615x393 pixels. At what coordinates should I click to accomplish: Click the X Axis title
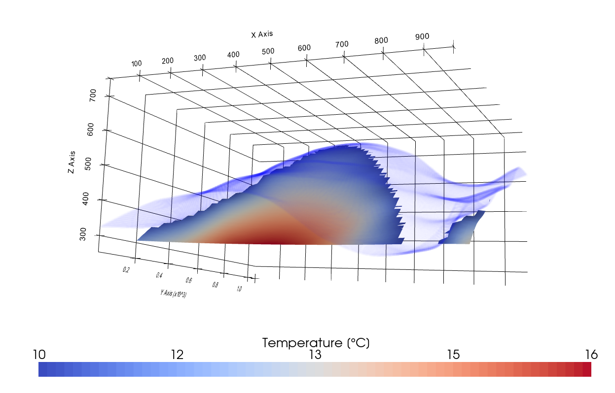pyautogui.click(x=262, y=34)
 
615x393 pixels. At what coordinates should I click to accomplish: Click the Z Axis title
pyautogui.click(x=72, y=162)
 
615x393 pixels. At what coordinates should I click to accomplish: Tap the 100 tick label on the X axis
pyautogui.click(x=136, y=64)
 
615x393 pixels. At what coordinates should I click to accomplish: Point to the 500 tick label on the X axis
pyautogui.click(x=268, y=51)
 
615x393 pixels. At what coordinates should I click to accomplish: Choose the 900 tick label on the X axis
pyautogui.click(x=422, y=36)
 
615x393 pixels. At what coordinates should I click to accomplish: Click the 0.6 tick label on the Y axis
pyautogui.click(x=189, y=280)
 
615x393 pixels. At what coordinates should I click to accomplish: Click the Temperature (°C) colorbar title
pyautogui.click(x=316, y=343)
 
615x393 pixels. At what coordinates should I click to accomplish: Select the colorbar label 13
pyautogui.click(x=315, y=355)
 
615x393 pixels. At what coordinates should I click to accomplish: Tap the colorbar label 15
pyautogui.click(x=453, y=355)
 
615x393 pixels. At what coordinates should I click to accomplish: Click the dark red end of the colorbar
pyautogui.click(x=586, y=369)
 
